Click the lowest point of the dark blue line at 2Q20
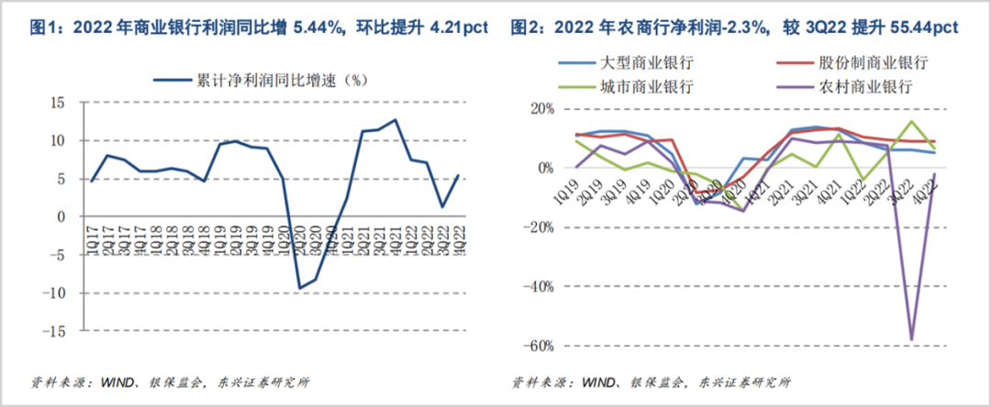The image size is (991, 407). pos(298,288)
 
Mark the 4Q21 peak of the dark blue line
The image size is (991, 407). pos(395,119)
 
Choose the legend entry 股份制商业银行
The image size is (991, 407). pos(872,63)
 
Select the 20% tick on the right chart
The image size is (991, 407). pos(541,108)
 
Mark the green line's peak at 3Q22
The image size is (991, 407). pos(912,121)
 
